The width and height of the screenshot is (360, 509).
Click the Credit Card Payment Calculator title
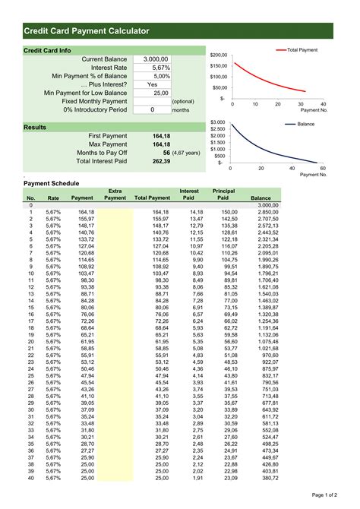coord(86,30)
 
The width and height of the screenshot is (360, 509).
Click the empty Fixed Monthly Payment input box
coord(151,101)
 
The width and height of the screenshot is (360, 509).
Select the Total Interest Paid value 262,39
coord(161,161)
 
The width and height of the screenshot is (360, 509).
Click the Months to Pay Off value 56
coord(166,153)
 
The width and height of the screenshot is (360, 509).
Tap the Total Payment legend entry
coord(302,49)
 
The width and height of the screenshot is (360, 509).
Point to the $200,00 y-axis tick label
coord(219,55)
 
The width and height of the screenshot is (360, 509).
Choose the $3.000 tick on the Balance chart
coord(217,122)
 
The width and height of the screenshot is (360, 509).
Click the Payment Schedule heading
coord(50,184)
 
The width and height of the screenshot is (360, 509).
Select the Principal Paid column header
coord(223,194)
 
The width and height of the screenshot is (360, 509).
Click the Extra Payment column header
coord(115,194)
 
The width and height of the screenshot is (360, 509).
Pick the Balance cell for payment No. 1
coord(269,212)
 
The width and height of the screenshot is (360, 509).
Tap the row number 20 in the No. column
coord(31,342)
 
